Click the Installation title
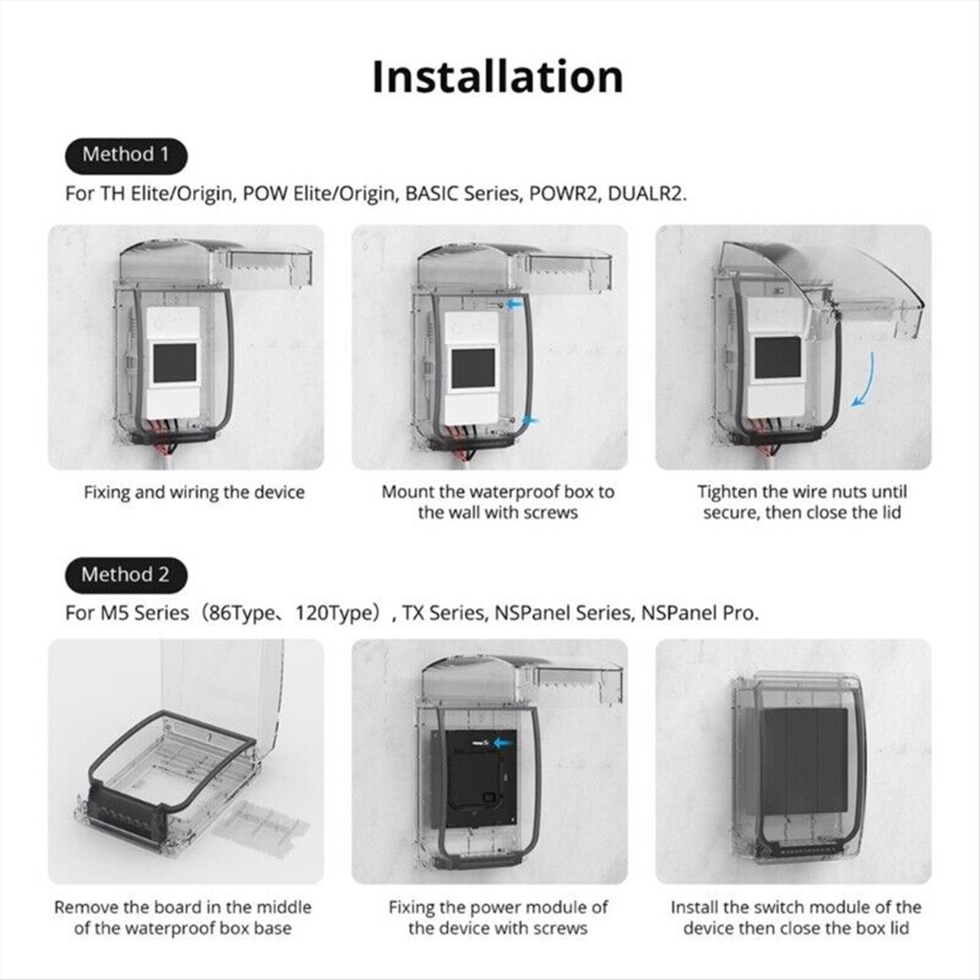(x=498, y=77)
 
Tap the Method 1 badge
(x=126, y=155)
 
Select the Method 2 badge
(x=126, y=575)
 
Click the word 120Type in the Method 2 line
(x=337, y=612)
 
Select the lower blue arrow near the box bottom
(x=531, y=421)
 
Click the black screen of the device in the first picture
(x=175, y=364)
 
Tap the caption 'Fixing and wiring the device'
(x=194, y=492)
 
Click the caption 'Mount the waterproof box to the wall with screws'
(x=498, y=502)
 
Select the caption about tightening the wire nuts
(x=802, y=502)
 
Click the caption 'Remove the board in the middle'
(x=183, y=907)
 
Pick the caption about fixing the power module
(x=498, y=918)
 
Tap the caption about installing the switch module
(x=796, y=918)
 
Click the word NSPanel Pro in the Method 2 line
(x=700, y=612)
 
